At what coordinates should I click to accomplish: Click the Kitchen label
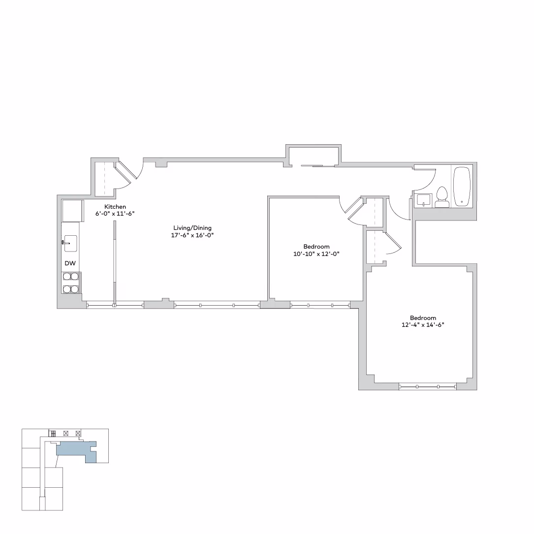[x=115, y=207]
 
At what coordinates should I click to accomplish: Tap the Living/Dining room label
[x=192, y=228]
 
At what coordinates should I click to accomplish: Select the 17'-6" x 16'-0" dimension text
[x=192, y=235]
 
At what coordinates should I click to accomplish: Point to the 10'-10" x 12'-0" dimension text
[x=316, y=254]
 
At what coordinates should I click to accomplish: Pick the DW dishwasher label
[x=70, y=264]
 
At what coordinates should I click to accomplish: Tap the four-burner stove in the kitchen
[x=71, y=283]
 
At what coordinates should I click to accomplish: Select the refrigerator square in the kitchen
[x=72, y=211]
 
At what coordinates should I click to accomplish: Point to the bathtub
[x=462, y=187]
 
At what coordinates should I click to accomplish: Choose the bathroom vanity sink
[x=423, y=200]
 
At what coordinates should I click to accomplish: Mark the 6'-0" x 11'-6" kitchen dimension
[x=115, y=214]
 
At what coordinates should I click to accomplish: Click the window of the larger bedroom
[x=428, y=387]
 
